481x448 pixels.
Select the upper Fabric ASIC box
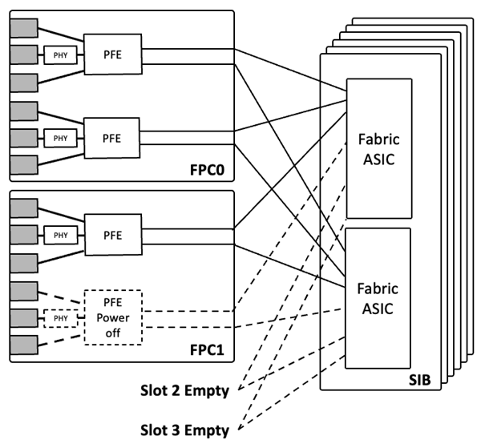(378, 148)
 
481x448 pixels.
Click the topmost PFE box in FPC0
(112, 54)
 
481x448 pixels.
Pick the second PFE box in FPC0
(112, 138)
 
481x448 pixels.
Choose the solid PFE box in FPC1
(112, 235)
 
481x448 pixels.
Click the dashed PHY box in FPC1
(59, 317)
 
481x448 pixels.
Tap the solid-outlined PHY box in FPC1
(59, 235)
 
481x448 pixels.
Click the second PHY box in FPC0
(59, 138)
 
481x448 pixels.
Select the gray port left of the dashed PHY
(23, 317)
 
